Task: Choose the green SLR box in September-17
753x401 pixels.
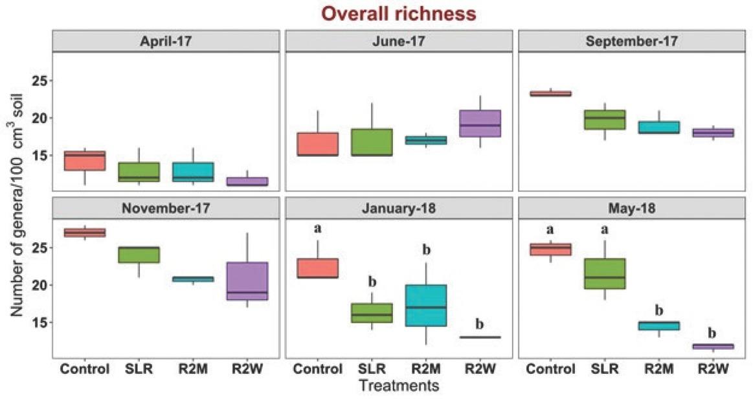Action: (x=609, y=120)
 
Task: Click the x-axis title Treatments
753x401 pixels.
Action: (x=399, y=387)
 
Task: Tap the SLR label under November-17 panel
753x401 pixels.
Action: (x=138, y=370)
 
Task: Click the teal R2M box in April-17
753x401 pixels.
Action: (x=195, y=172)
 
